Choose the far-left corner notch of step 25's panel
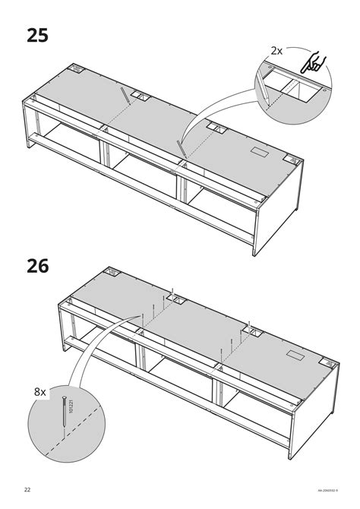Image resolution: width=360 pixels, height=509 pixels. coord(77,69)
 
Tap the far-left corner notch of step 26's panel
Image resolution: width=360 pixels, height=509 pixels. coord(112,271)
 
